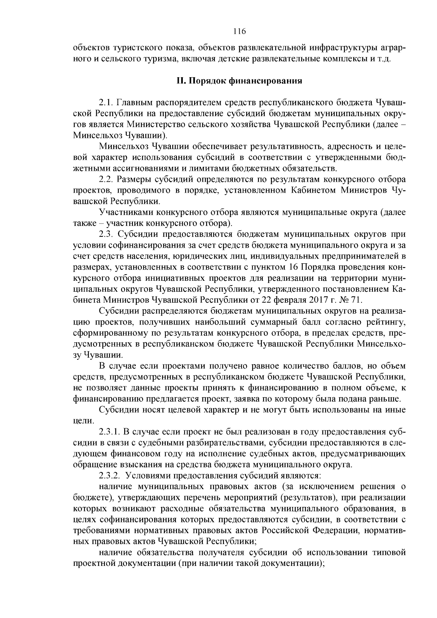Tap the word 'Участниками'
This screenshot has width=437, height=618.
pyautogui.click(x=122, y=212)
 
